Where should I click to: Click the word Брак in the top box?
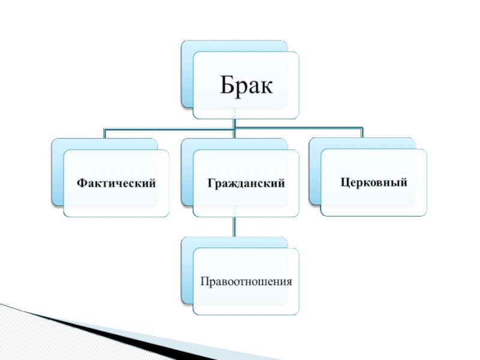pos(245,86)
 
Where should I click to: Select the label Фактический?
pos(116,182)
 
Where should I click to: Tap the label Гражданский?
pos(246,182)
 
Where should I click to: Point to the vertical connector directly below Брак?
pos(235,123)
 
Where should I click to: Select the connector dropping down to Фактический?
pos(104,133)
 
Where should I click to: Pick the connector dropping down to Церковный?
pos(362,132)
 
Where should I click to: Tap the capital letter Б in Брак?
pos(226,86)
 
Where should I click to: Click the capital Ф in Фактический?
pos(80,182)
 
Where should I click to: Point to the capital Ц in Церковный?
pos(344,181)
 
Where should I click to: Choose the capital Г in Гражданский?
pos(211,182)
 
